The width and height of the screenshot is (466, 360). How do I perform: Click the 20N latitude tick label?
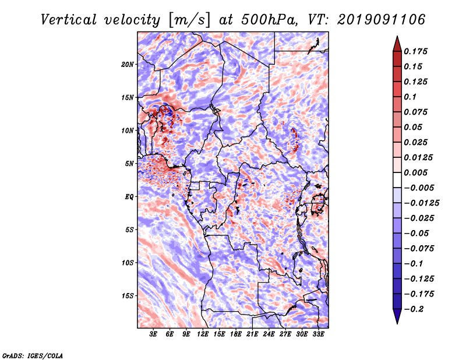pyautogui.click(x=128, y=65)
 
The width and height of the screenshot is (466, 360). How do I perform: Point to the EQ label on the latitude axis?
pyautogui.click(x=129, y=197)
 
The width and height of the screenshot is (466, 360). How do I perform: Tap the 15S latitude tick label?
pyautogui.click(x=128, y=296)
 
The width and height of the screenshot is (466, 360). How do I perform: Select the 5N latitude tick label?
pyautogui.click(x=129, y=164)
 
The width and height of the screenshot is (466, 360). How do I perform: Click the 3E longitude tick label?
pyautogui.click(x=153, y=334)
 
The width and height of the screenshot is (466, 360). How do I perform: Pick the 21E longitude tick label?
pyautogui.click(x=252, y=334)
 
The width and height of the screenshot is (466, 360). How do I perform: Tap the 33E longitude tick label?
pyautogui.click(x=318, y=334)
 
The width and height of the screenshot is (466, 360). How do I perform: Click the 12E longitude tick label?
pyautogui.click(x=203, y=334)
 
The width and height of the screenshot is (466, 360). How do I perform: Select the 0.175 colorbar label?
pyautogui.click(x=416, y=51)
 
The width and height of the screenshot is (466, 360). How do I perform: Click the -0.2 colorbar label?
pyautogui.click(x=414, y=309)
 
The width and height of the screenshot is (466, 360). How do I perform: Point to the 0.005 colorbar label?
pyautogui.click(x=416, y=172)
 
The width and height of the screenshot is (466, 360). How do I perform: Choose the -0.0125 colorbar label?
pyautogui.click(x=422, y=203)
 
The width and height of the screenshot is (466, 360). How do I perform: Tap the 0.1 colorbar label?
pyautogui.click(x=410, y=97)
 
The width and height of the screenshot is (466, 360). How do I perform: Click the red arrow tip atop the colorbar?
pyautogui.click(x=397, y=37)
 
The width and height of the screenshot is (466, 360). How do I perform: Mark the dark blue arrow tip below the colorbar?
pyautogui.click(x=397, y=323)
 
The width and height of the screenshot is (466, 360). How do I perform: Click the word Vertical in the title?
pyautogui.click(x=69, y=20)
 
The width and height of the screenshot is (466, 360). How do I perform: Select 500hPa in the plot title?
pyautogui.click(x=269, y=20)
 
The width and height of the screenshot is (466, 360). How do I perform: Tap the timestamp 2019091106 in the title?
pyautogui.click(x=382, y=20)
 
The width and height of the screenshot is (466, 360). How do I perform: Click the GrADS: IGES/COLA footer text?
pyautogui.click(x=33, y=356)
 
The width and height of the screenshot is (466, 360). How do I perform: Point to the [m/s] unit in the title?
pyautogui.click(x=189, y=20)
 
